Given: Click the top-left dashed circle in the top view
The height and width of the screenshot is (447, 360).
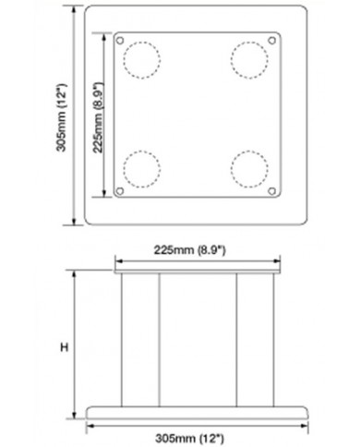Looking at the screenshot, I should click(140, 60).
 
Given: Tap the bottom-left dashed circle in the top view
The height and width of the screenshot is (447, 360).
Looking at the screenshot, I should click(140, 170).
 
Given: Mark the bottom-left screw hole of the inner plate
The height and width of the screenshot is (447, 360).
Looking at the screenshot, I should click(121, 192).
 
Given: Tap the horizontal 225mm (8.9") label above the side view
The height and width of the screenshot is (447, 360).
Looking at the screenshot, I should click(196, 248).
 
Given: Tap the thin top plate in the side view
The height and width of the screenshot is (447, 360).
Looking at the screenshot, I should click(196, 272).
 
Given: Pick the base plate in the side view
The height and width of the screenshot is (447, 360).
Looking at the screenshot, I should click(196, 409).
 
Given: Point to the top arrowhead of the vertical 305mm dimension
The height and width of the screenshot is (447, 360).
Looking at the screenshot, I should click(75, 9).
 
